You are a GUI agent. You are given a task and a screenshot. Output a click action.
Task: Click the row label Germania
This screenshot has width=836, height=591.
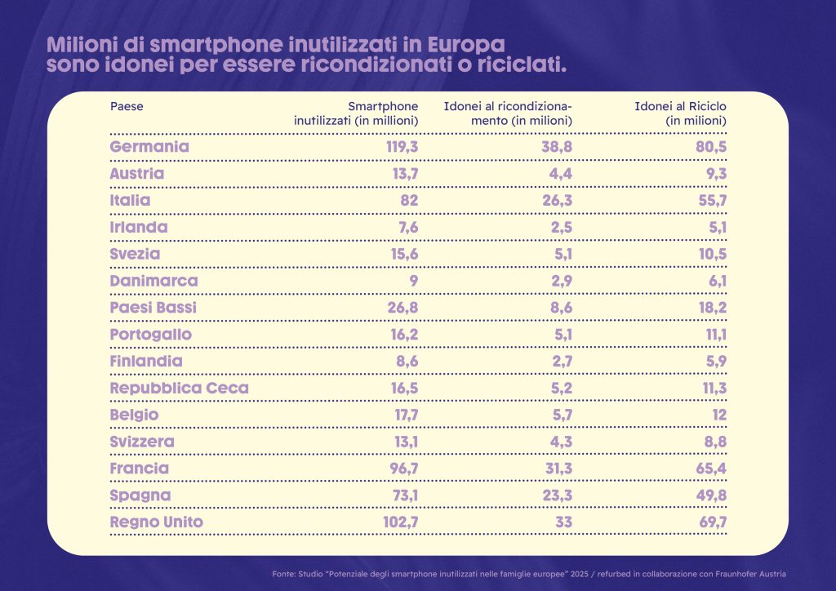(149, 147)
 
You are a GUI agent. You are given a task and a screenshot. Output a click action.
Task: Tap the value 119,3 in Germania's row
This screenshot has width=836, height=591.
(402, 147)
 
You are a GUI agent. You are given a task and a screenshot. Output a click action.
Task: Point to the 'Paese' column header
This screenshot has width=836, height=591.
(127, 106)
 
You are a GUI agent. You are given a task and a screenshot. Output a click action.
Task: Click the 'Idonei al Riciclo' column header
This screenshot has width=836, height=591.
(680, 113)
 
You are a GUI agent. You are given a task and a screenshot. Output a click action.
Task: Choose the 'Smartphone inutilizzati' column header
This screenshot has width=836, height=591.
(357, 113)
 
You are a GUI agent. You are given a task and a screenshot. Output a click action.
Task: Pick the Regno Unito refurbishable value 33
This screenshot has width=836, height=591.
(563, 522)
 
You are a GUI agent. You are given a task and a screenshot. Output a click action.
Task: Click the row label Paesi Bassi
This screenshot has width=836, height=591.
(153, 308)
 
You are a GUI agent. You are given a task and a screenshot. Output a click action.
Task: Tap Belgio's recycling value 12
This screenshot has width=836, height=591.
(717, 415)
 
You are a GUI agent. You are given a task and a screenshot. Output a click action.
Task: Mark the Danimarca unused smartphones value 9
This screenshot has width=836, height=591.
(413, 281)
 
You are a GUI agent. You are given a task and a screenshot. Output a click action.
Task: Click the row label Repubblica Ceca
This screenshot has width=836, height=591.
(179, 388)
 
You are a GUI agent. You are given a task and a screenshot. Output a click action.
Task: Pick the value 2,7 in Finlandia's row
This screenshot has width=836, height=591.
(558, 361)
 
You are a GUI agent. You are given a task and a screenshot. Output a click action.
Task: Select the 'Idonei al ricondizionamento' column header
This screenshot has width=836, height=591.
(507, 113)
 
